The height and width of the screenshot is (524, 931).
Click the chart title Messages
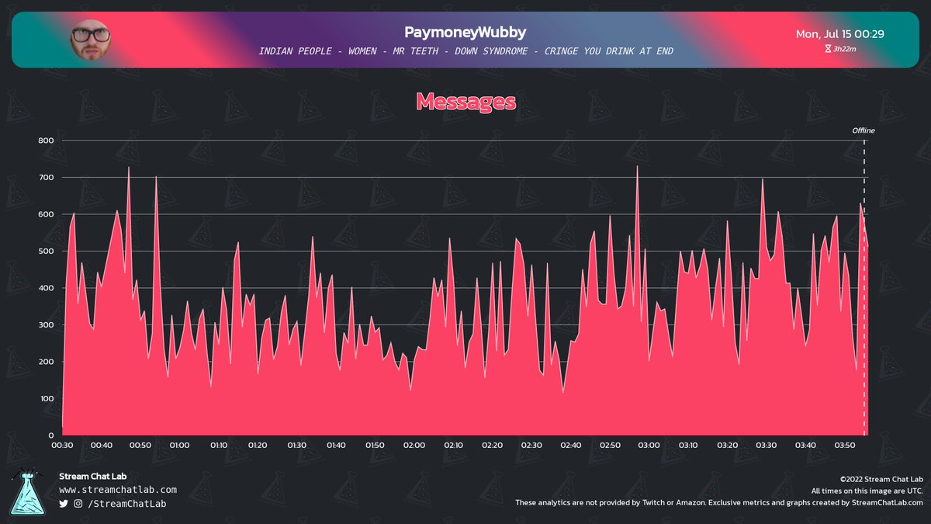tap(465, 102)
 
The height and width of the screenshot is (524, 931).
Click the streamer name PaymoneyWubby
tap(465, 33)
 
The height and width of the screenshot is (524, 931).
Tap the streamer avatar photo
tap(90, 40)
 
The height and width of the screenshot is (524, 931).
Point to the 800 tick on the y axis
tap(45, 141)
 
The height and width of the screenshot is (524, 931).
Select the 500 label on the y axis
tap(45, 252)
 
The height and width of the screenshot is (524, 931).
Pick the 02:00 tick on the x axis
tap(414, 446)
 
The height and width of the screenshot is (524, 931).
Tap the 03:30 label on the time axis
tap(767, 446)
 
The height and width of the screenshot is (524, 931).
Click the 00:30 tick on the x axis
tap(62, 446)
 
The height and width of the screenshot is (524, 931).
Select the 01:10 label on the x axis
tap(219, 446)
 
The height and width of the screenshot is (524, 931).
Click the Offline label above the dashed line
tap(864, 130)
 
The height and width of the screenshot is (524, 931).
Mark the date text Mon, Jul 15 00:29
tap(840, 34)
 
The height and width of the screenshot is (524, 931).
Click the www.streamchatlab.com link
tap(118, 490)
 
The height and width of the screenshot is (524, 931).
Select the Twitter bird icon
tap(64, 504)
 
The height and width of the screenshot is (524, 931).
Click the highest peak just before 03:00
tap(637, 166)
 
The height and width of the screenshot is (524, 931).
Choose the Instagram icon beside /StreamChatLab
tap(78, 504)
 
